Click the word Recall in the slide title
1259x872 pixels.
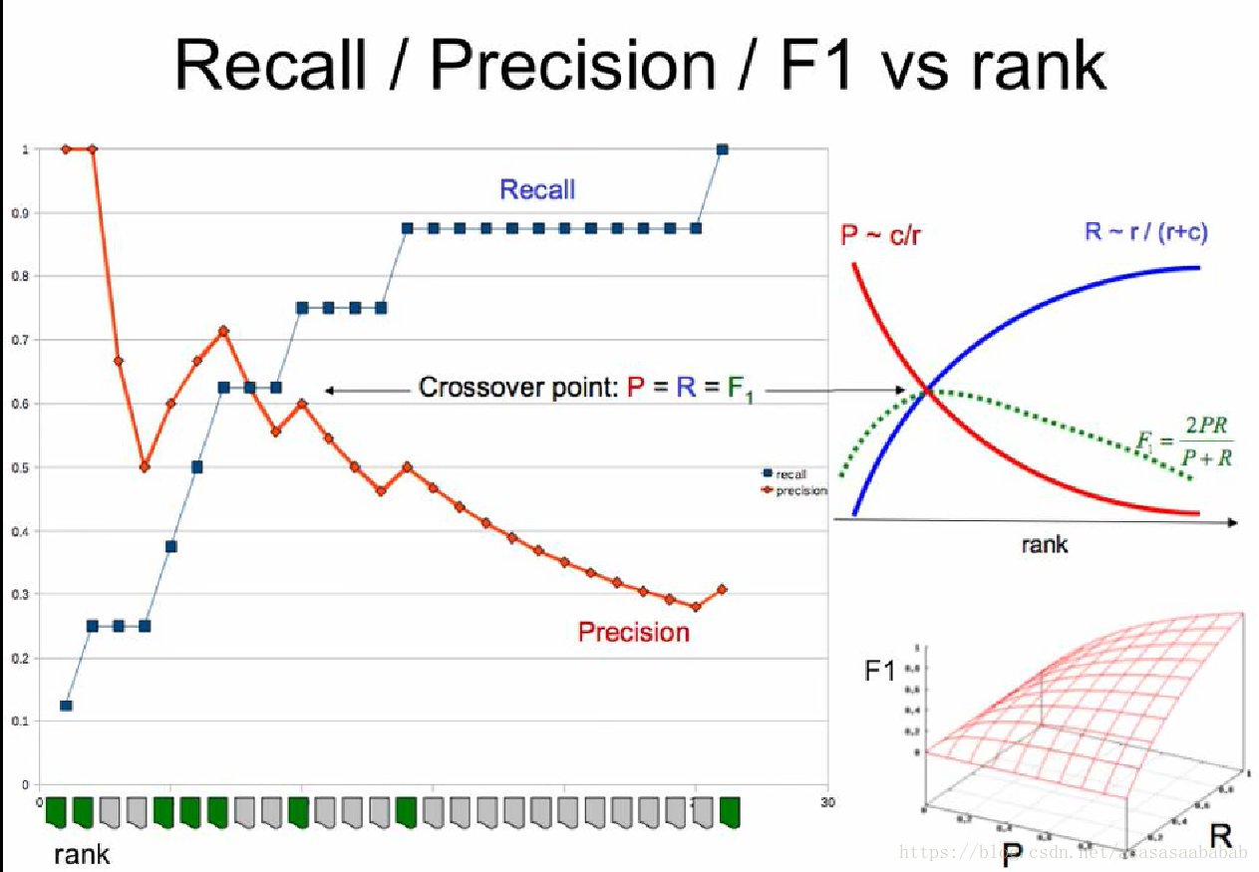(270, 65)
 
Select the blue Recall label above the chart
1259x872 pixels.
(537, 189)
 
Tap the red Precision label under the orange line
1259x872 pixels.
(634, 632)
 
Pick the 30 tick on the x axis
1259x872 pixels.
(826, 801)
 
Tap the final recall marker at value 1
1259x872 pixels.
(722, 149)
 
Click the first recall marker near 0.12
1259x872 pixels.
(66, 706)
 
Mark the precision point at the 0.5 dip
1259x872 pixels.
(145, 466)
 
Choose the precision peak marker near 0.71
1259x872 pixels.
(223, 331)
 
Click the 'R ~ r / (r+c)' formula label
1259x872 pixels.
(1146, 232)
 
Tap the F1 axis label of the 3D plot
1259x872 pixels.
(880, 672)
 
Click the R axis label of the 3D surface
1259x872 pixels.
(1220, 835)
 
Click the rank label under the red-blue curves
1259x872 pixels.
(1044, 544)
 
